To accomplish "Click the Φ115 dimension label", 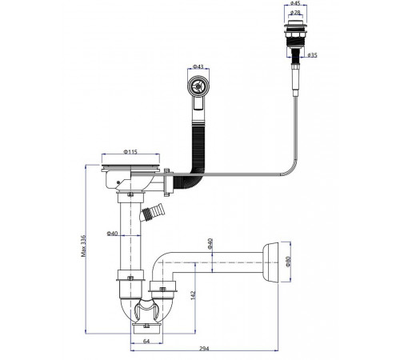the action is click(x=130, y=152).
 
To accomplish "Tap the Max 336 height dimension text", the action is click(x=84, y=246).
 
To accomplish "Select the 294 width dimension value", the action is click(x=205, y=349).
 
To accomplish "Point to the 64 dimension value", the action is click(x=146, y=341).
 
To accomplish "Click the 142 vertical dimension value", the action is click(x=194, y=295).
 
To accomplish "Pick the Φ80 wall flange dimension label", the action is click(x=288, y=262).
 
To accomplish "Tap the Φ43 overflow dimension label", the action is click(x=198, y=66).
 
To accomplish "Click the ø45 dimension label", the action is click(x=295, y=3).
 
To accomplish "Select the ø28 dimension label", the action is click(x=295, y=12).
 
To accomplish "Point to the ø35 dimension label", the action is click(x=312, y=55).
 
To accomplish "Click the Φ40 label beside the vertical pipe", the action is click(x=112, y=234).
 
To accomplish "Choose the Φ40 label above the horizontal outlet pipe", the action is click(x=210, y=244).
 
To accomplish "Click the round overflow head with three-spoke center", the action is click(x=198, y=86).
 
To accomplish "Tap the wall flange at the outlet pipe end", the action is click(x=270, y=262).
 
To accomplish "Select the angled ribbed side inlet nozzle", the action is click(x=152, y=212).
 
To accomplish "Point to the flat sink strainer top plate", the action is click(x=130, y=167).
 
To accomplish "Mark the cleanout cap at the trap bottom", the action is click(x=146, y=329).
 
